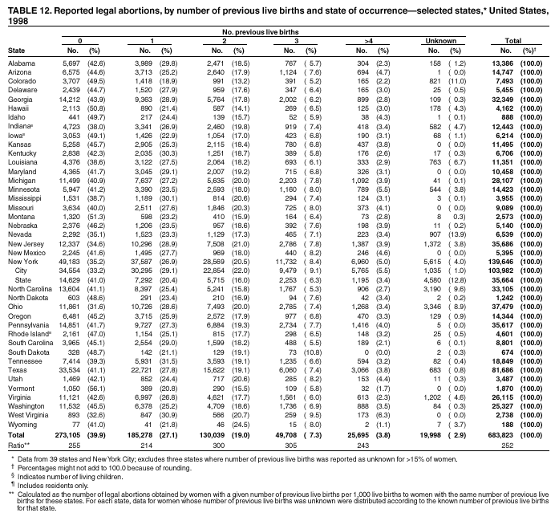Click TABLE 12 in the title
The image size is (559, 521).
coord(27,7)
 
